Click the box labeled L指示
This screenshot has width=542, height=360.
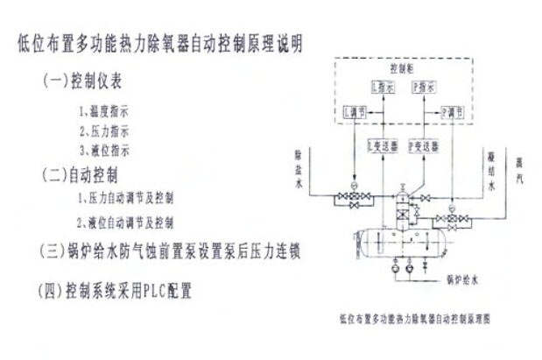(x=382, y=88)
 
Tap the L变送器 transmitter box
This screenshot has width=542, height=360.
(x=382, y=145)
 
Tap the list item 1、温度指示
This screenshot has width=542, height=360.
(x=103, y=111)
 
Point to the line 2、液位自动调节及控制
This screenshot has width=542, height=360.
(x=124, y=222)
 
